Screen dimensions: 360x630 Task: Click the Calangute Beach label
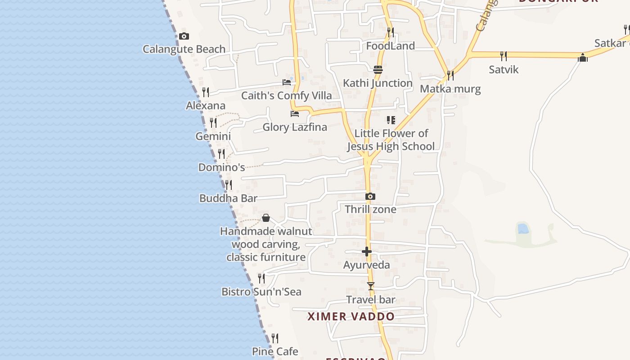coord(184,49)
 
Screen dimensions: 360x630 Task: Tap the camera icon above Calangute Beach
coord(184,36)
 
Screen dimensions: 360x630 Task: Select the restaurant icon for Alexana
coord(206,92)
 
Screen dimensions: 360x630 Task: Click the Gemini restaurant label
coord(213,136)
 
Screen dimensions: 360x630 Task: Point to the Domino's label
coord(221,167)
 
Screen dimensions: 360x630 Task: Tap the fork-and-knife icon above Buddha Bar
coord(229,185)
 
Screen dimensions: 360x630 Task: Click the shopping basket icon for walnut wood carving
coord(266,218)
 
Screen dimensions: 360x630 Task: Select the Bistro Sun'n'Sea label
coord(261,292)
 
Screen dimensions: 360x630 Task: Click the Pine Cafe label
coord(275,351)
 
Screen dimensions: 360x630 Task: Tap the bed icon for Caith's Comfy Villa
coord(287,82)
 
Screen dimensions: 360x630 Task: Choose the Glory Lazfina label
coord(295,127)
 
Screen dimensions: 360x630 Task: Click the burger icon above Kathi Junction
coord(378,69)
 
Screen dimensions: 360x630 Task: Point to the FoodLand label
coord(390,46)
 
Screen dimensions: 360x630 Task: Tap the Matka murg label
coord(450,89)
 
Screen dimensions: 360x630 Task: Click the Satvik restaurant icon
coord(504,56)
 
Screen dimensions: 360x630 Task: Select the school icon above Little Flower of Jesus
coord(391,120)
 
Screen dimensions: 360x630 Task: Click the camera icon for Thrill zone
coord(370,196)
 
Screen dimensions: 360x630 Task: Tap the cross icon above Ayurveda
coord(367,252)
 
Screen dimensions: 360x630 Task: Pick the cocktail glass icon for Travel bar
coord(370,286)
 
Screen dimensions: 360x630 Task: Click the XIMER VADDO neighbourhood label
coord(351,316)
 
